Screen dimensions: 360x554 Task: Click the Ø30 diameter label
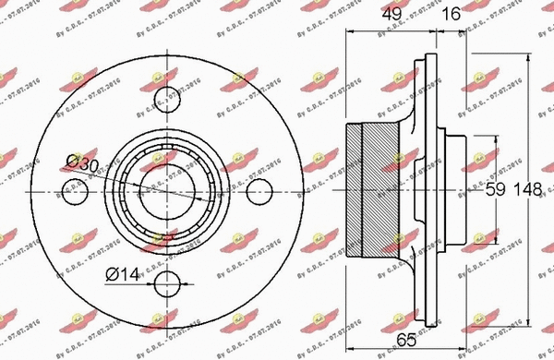[x=82, y=163]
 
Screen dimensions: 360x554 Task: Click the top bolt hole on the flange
[x=166, y=96]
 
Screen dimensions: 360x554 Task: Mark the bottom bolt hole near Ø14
[x=166, y=282]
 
